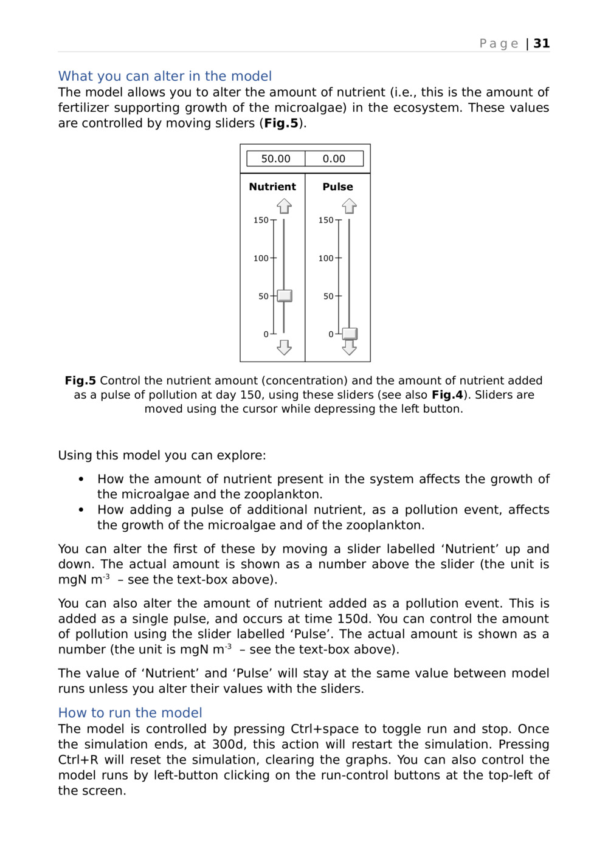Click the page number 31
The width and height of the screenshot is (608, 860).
tap(542, 44)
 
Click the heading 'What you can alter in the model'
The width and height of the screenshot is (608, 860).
tap(165, 76)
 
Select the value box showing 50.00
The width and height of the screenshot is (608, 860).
tap(275, 159)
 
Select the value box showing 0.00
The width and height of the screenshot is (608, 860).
tap(334, 159)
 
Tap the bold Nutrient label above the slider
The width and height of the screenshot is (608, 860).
tap(272, 187)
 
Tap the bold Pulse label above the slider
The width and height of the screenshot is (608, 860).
tap(337, 187)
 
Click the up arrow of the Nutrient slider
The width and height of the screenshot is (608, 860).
tap(284, 207)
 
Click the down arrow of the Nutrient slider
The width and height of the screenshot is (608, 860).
tap(284, 348)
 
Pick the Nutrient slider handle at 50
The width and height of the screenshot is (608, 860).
tap(285, 296)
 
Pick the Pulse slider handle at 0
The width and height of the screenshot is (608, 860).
tap(350, 334)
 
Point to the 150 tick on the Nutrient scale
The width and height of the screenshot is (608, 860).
tap(273, 220)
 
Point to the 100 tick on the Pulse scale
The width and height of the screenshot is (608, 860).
tap(338, 258)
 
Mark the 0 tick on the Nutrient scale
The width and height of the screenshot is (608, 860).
tap(273, 334)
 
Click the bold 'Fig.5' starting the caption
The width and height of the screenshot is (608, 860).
tap(80, 380)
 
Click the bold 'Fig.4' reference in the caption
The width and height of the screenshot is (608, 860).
tap(447, 394)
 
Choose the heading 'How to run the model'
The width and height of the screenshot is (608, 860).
tap(130, 712)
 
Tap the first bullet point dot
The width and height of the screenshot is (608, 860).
tap(81, 479)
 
